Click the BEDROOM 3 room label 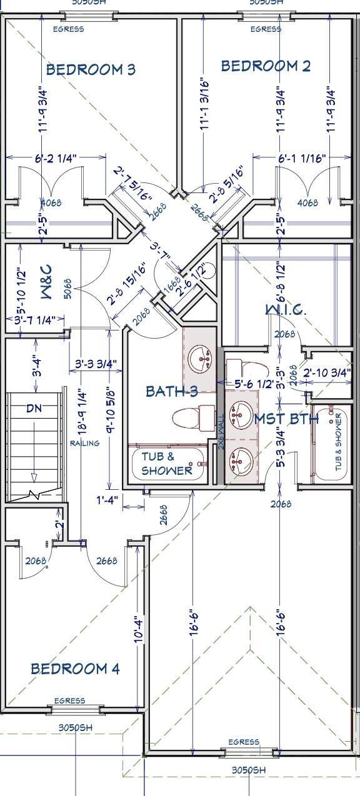pyautogui.click(x=91, y=69)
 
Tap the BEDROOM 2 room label pyautogui.click(x=266, y=66)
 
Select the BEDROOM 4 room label pyautogui.click(x=75, y=669)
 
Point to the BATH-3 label pyautogui.click(x=172, y=392)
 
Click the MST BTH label pyautogui.click(x=286, y=419)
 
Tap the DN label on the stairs pyautogui.click(x=34, y=409)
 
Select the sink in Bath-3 pyautogui.click(x=201, y=358)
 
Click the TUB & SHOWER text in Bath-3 pyautogui.click(x=166, y=464)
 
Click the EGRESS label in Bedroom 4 pyautogui.click(x=69, y=700)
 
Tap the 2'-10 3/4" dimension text pyautogui.click(x=327, y=372)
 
